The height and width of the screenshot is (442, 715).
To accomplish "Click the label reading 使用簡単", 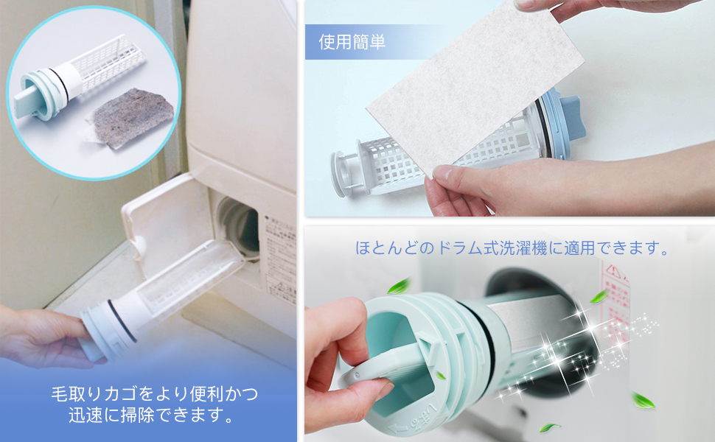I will tap(352, 43).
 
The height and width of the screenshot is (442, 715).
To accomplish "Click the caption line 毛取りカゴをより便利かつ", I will tap(155, 393).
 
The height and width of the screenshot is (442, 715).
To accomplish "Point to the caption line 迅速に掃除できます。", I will tap(155, 416).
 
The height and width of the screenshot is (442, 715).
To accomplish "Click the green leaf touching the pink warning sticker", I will tap(599, 297).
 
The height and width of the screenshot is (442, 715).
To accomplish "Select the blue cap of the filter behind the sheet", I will tap(564, 125).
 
